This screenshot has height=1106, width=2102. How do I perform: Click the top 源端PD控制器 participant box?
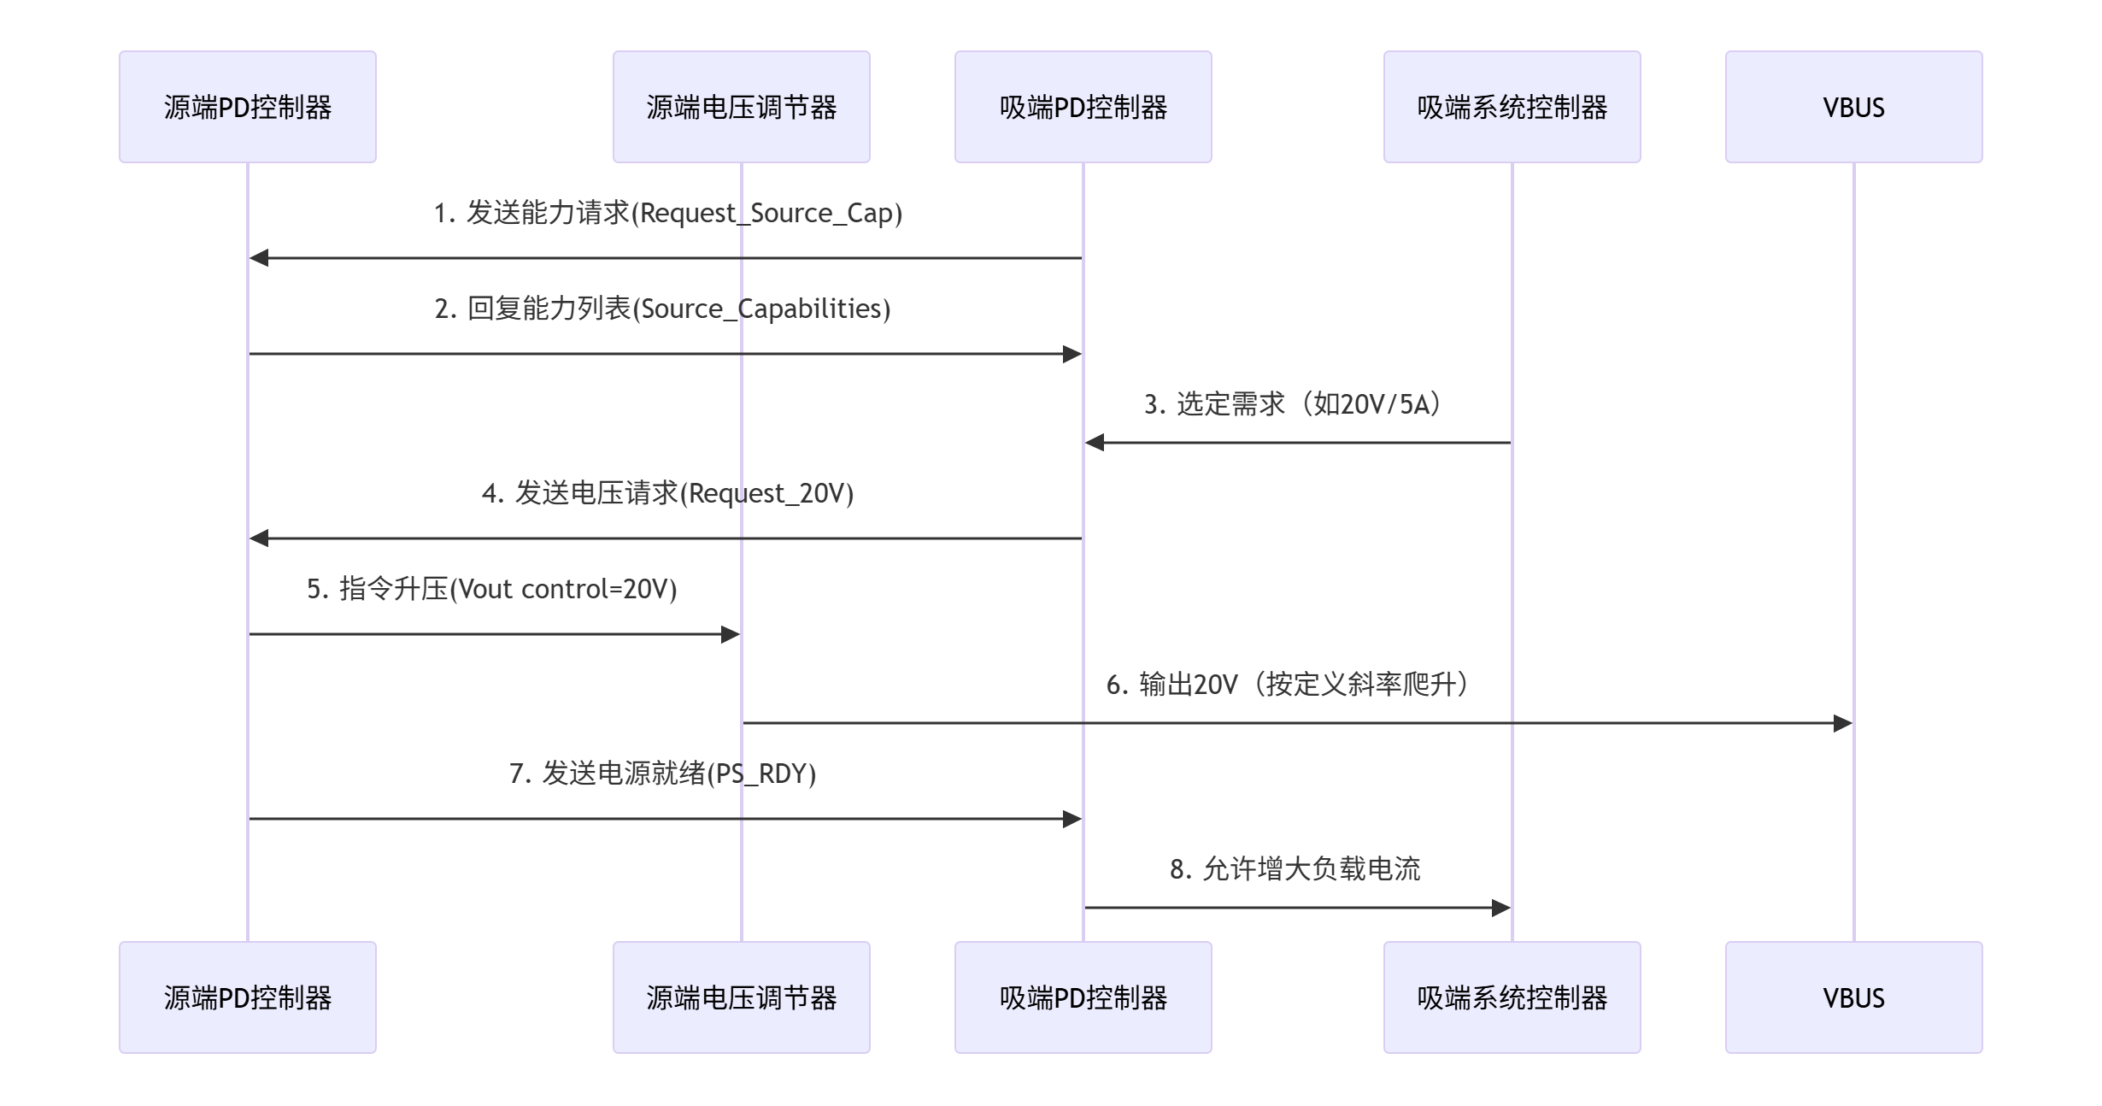point(248,107)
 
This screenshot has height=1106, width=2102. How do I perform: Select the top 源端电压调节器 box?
point(742,107)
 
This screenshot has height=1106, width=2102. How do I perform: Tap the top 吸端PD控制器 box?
point(1083,107)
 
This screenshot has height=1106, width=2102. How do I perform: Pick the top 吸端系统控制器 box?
point(1512,107)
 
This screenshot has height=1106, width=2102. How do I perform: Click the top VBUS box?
point(1854,107)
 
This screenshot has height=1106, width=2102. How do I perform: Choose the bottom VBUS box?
point(1854,997)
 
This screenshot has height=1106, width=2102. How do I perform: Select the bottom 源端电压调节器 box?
point(742,997)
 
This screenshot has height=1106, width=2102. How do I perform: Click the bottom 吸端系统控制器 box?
point(1512,997)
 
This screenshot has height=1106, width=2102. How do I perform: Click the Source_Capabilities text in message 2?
point(760,309)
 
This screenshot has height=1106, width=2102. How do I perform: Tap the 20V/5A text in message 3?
point(1384,404)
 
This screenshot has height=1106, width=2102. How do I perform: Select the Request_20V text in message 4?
point(766,493)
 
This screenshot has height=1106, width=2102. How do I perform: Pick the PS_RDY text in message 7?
point(760,774)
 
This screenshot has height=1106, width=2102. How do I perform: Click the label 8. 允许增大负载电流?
point(1295,869)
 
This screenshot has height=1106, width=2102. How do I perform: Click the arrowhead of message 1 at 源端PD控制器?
point(259,258)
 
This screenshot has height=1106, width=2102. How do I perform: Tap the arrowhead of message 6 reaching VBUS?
point(1843,723)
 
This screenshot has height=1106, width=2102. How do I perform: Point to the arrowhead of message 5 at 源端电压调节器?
point(731,634)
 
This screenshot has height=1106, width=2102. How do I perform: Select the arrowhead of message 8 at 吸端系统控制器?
point(1501,908)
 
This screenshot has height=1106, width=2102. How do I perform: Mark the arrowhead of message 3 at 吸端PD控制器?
point(1095,443)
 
